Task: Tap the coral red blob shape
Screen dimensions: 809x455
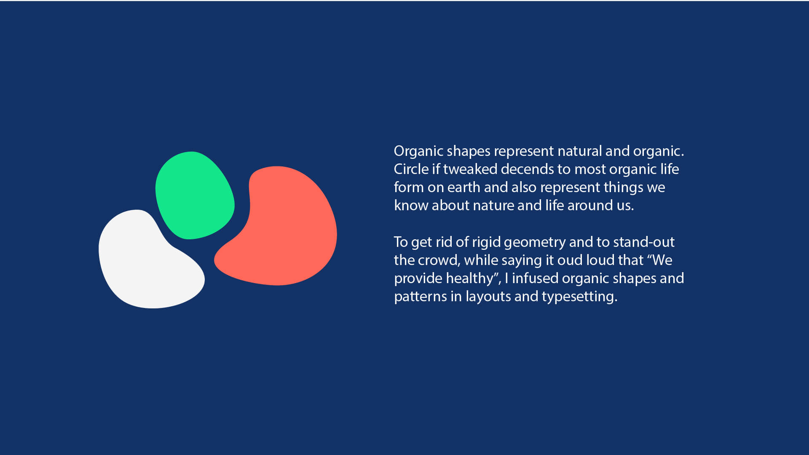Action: tap(280, 227)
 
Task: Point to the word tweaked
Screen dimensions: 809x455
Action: tap(470, 169)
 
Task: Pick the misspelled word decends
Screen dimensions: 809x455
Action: tap(527, 169)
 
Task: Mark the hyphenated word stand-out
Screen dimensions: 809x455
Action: tap(644, 242)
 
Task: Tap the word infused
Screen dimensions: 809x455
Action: tap(535, 278)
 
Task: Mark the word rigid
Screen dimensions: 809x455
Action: tap(486, 242)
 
